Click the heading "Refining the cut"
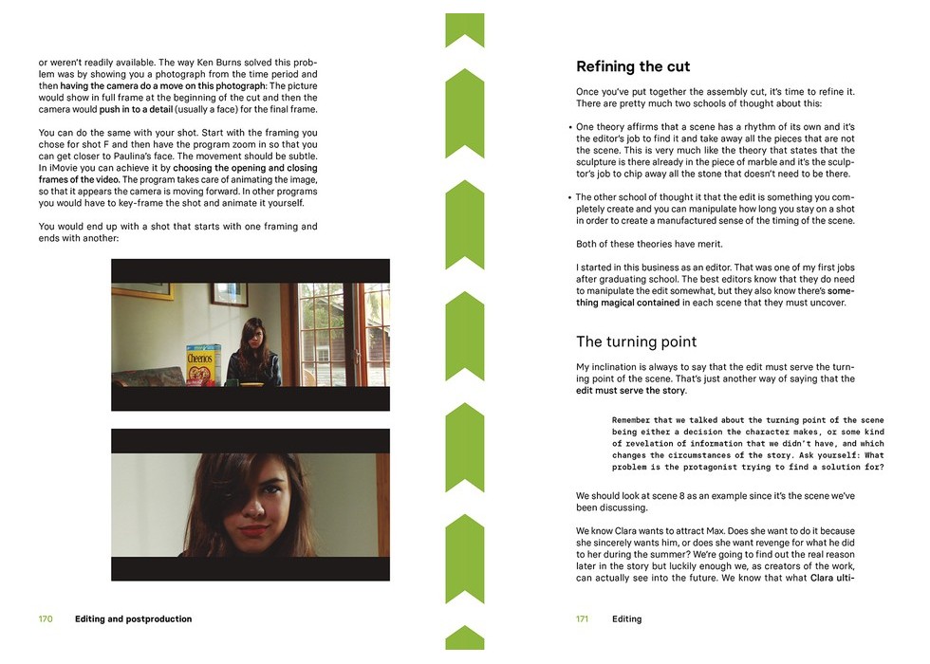coord(633,67)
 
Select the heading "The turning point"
coord(636,341)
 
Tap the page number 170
coord(46,619)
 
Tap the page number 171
coord(583,619)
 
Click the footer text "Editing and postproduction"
coord(133,619)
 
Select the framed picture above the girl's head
coord(229,295)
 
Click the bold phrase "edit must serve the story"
coord(631,391)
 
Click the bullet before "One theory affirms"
coord(569,127)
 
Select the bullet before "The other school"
coord(569,198)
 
